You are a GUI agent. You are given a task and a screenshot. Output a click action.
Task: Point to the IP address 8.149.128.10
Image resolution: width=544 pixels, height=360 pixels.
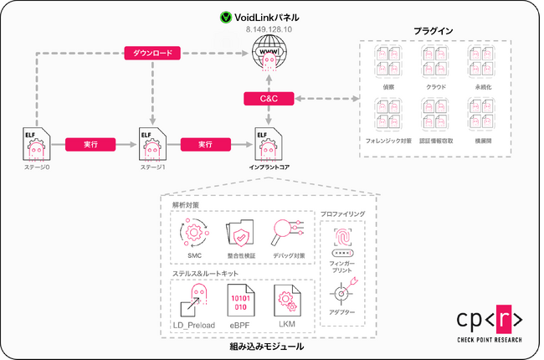tap(269, 29)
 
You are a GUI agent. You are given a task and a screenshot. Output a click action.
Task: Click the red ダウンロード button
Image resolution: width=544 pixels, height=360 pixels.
tap(152, 54)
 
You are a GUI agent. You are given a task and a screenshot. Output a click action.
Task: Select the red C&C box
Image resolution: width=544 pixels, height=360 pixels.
tap(268, 100)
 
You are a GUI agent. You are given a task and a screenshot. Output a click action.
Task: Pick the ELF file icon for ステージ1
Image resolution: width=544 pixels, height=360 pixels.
tap(152, 145)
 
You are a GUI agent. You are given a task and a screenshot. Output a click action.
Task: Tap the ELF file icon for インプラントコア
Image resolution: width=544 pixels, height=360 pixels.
tap(268, 145)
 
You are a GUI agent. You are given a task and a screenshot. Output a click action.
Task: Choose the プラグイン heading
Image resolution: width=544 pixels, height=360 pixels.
tap(434, 31)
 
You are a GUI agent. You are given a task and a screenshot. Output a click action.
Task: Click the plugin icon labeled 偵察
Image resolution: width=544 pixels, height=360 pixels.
tap(388, 61)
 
